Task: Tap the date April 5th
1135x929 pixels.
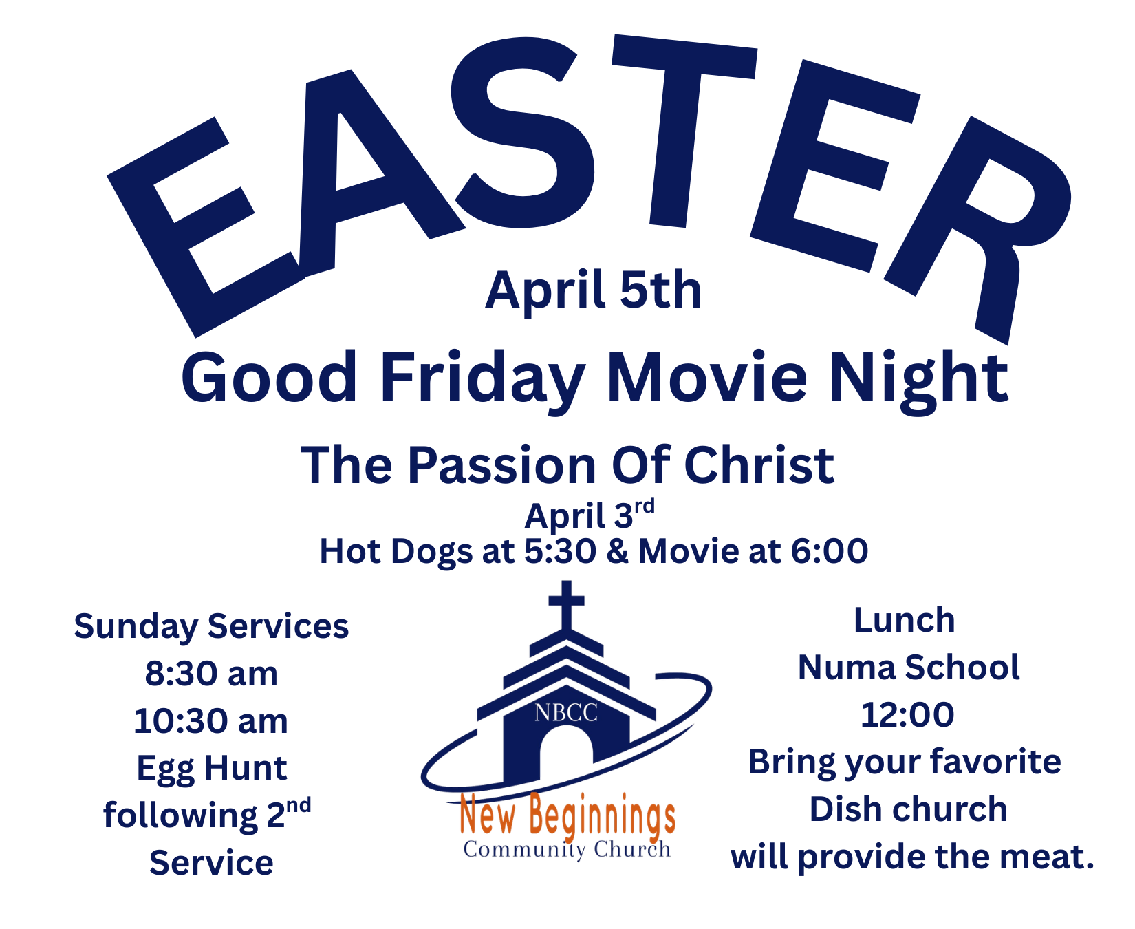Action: [x=594, y=291]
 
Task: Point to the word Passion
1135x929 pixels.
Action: [x=503, y=466]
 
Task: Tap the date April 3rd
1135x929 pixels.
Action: [x=590, y=515]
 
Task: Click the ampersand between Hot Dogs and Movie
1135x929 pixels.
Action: [x=618, y=551]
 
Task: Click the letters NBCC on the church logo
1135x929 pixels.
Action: [x=566, y=713]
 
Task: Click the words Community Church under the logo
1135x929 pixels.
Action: [x=567, y=849]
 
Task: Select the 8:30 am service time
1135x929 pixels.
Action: [x=211, y=674]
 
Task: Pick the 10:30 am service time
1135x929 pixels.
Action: [x=211, y=721]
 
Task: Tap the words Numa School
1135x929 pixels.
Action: [x=909, y=668]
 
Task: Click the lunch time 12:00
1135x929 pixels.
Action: [x=907, y=715]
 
